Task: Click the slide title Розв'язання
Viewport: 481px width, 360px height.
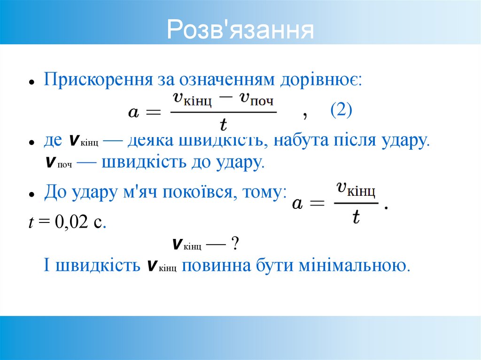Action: coord(240,30)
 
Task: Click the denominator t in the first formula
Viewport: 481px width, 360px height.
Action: coord(223,123)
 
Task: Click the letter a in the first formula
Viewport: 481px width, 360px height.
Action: coord(133,113)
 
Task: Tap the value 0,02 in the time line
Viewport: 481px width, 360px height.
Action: coord(71,222)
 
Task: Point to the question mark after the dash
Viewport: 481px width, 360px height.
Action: coord(235,244)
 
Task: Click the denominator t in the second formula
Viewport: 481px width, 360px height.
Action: coord(356,216)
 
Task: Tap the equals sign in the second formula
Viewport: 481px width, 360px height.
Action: coord(317,204)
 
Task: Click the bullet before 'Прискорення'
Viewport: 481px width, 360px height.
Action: coord(30,82)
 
